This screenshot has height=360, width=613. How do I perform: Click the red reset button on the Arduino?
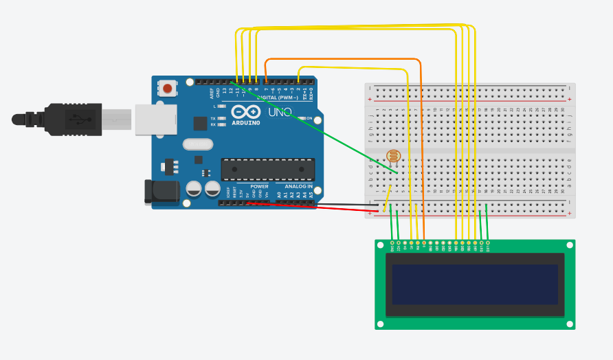(167, 88)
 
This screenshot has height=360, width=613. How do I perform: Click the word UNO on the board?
(280, 112)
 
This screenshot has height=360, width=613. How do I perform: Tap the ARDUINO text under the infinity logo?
(245, 123)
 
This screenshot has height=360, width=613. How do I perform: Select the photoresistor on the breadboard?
(393, 156)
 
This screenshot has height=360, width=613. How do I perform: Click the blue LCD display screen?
(475, 284)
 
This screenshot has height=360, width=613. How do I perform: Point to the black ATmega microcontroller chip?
(267, 169)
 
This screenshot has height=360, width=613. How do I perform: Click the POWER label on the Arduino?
(259, 186)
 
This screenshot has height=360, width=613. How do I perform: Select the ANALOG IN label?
(298, 186)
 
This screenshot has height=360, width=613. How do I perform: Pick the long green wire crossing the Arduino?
(323, 131)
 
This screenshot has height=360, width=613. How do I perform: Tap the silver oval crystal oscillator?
(198, 144)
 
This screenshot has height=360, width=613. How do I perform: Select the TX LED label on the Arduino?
(213, 118)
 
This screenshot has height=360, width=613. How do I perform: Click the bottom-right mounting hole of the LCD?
(570, 324)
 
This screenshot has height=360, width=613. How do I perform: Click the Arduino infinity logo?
(245, 112)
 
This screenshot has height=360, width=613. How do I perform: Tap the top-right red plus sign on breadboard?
(569, 99)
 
